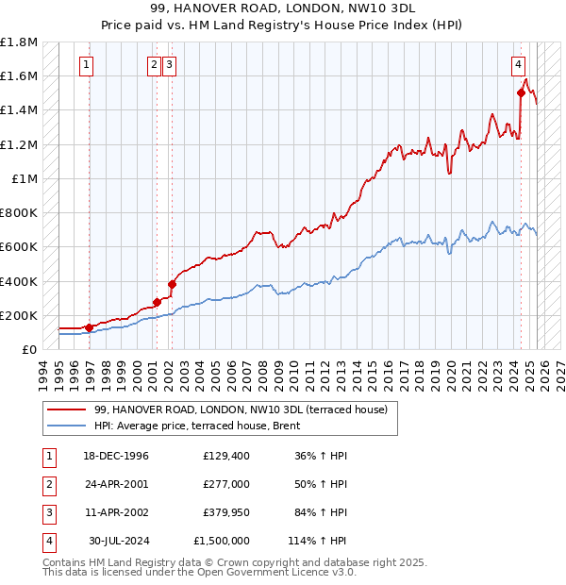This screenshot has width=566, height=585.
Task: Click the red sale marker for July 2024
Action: click(521, 92)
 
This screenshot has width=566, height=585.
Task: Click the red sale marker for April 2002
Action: click(172, 283)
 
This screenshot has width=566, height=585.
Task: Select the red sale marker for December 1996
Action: click(90, 327)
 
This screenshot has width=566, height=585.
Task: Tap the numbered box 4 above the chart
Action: click(519, 65)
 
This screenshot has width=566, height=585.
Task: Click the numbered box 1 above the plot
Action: click(86, 65)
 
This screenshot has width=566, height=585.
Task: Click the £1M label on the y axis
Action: click(25, 179)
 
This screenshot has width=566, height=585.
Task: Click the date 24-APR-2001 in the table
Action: click(116, 484)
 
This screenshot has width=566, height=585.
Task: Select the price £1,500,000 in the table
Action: click(222, 541)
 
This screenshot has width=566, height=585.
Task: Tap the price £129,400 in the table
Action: click(226, 456)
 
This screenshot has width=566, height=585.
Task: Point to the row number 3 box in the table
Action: click(46, 512)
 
